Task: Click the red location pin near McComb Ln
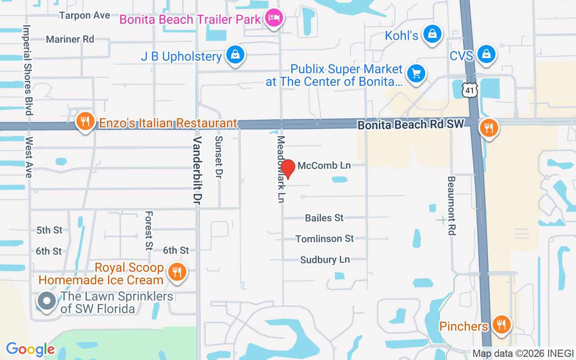[288, 168]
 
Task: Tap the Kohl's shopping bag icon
[432, 34]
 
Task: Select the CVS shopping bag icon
[486, 54]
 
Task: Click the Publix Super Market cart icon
[416, 73]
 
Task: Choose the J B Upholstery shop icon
[235, 55]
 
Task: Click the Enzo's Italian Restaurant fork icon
[84, 121]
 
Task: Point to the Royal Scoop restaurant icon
[177, 272]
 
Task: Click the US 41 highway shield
[469, 91]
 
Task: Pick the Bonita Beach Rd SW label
[410, 125]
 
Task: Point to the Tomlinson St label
[324, 238]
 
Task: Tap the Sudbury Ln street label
[325, 260]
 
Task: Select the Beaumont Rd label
[452, 205]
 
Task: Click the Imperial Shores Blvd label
[28, 69]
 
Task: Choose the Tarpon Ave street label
[85, 15]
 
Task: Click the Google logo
[30, 349]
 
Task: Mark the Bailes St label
[324, 218]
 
